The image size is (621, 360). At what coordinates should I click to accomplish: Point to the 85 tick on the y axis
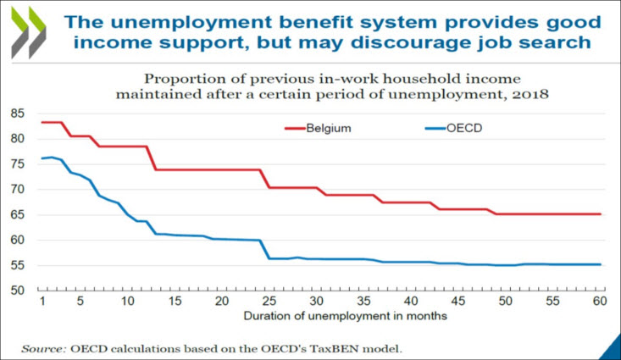pos(16,114)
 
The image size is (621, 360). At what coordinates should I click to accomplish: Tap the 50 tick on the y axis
pos(16,291)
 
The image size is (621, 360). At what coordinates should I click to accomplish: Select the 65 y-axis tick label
pos(16,214)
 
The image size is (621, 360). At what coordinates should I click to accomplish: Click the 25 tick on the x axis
pos(268,302)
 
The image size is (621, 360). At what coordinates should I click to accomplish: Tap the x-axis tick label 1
pos(42,302)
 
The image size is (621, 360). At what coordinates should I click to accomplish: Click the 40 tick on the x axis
pos(410,302)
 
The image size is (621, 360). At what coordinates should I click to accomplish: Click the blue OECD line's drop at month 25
pos(268,249)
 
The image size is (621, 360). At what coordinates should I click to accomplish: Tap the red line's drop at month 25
pos(268,178)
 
